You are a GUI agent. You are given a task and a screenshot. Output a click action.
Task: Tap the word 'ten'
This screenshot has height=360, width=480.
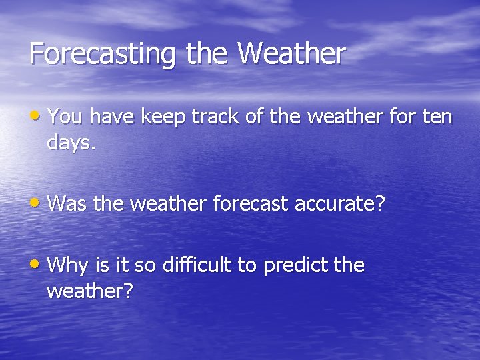click(x=438, y=117)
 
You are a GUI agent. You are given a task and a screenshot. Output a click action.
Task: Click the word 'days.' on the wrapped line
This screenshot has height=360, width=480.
click(x=72, y=143)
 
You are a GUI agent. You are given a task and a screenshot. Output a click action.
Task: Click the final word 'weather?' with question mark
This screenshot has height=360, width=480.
click(x=90, y=291)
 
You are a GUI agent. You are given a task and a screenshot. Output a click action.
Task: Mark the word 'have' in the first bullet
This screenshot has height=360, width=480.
click(x=111, y=117)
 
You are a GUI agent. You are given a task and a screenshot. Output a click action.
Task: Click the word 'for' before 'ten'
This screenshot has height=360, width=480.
click(x=402, y=117)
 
